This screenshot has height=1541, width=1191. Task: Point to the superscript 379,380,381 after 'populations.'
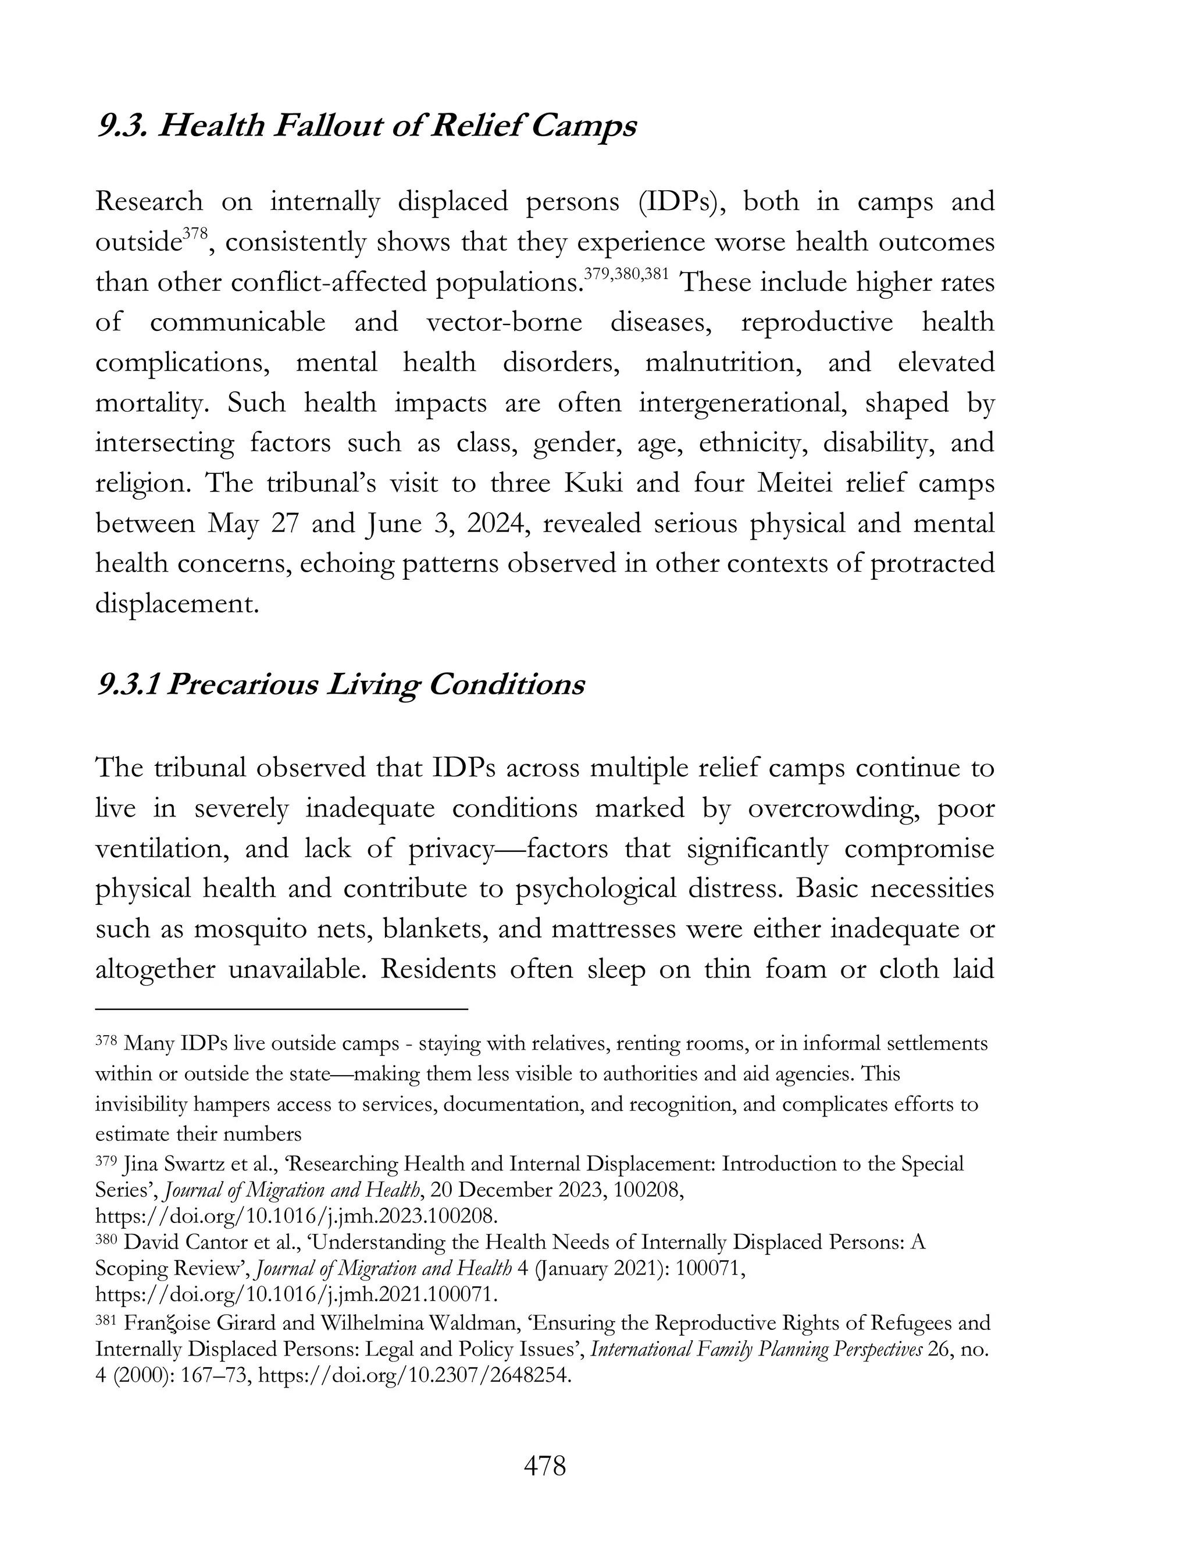tap(626, 274)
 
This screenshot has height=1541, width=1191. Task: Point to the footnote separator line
tap(281, 1010)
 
